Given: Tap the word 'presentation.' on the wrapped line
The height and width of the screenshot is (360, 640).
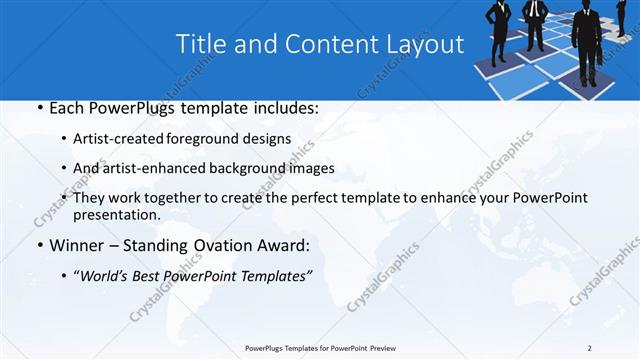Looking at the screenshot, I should click(116, 215).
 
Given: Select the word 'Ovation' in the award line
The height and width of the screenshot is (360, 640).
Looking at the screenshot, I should click(226, 246).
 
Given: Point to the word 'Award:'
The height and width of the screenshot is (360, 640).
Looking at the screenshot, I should click(287, 246).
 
